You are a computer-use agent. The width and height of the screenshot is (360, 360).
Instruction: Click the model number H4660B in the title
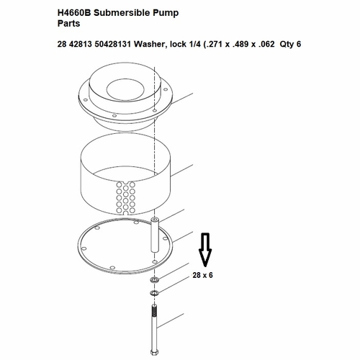click(74, 13)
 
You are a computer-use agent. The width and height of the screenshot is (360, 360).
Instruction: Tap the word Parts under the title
click(68, 24)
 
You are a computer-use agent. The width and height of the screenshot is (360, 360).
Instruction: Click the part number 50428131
click(113, 44)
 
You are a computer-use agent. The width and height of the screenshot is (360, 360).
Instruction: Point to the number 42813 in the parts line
click(81, 44)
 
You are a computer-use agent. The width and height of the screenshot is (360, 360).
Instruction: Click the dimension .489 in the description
click(240, 44)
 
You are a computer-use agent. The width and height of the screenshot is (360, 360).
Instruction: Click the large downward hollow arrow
click(205, 250)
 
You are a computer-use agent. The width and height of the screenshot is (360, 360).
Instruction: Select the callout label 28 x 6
click(202, 275)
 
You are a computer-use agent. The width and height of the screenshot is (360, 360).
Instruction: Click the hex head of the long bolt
click(154, 353)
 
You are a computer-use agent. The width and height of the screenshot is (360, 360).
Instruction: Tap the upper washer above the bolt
click(154, 279)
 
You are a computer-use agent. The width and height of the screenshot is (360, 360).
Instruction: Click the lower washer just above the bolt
click(154, 293)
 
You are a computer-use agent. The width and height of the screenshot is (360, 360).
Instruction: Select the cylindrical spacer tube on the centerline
click(155, 235)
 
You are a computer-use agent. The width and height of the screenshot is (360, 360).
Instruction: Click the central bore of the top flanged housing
click(125, 89)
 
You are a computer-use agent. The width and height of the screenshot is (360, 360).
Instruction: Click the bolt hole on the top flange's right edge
click(166, 89)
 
